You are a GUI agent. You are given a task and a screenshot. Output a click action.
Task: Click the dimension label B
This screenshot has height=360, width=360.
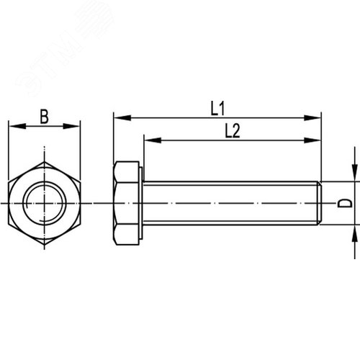pyautogui.click(x=44, y=116)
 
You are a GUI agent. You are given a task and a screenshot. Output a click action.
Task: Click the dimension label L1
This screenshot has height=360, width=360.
pyautogui.click(x=217, y=108)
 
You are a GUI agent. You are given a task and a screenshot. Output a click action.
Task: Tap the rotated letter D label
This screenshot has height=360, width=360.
pyautogui.click(x=346, y=203)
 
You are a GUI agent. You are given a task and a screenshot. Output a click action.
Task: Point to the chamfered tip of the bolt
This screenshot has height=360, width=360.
pyautogui.click(x=318, y=203)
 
